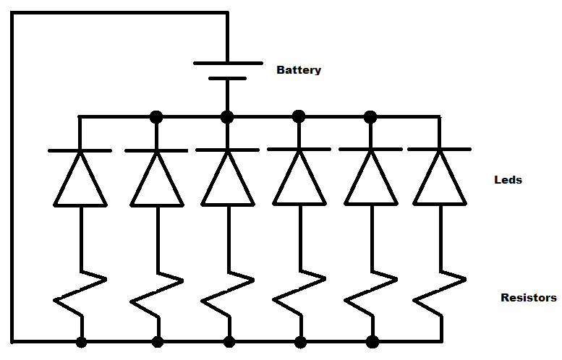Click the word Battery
(x=299, y=71)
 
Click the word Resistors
(x=529, y=298)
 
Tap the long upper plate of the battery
(x=228, y=64)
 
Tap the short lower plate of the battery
(x=228, y=78)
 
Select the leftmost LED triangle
(x=80, y=181)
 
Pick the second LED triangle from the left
(x=156, y=181)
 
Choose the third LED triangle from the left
(x=228, y=181)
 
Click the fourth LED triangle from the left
(x=299, y=181)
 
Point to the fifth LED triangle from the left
(x=370, y=181)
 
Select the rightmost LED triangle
(x=439, y=181)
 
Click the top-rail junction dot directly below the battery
(x=228, y=116)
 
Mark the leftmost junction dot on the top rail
(x=156, y=116)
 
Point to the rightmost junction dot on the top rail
(x=370, y=116)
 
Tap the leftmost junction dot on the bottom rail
(x=82, y=341)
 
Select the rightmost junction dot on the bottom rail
(x=372, y=341)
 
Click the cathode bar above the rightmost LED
(x=439, y=150)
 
